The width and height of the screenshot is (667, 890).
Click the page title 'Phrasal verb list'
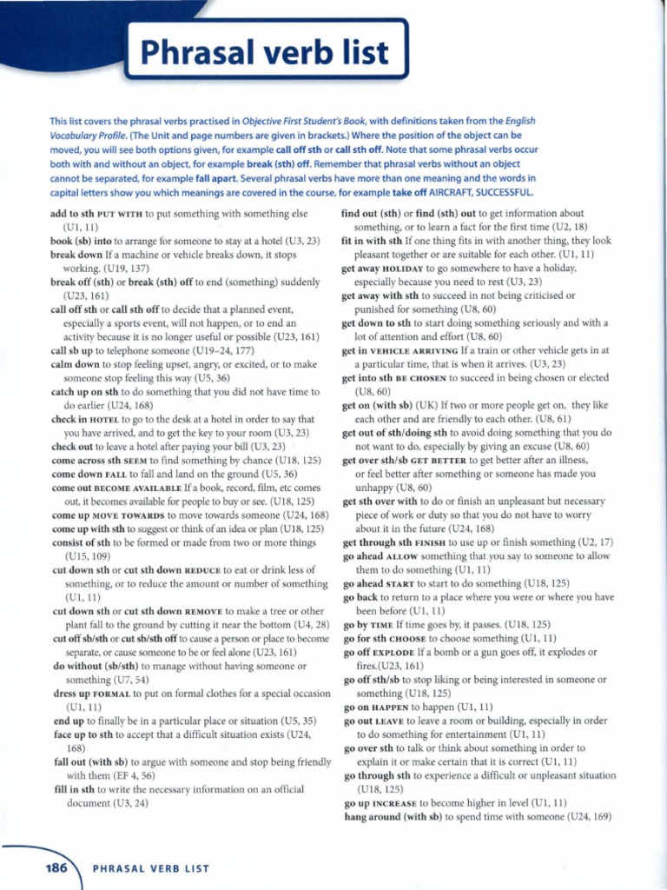click(x=266, y=55)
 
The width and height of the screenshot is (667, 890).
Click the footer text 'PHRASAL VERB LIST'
click(x=150, y=868)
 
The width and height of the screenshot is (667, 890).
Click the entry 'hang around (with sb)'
click(x=396, y=818)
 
